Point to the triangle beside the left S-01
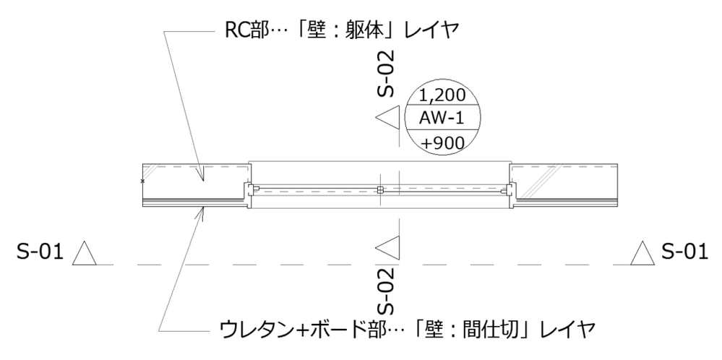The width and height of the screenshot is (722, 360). click(85, 254)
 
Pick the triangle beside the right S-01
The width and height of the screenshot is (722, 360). click(643, 254)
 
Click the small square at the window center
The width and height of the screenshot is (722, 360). click(379, 190)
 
